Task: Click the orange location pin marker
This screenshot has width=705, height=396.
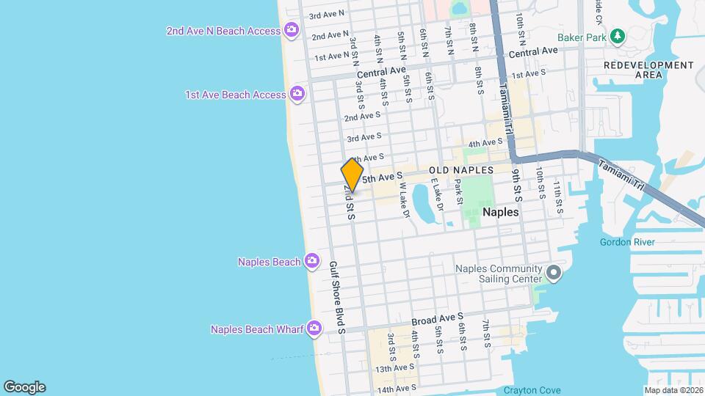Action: point(352,175)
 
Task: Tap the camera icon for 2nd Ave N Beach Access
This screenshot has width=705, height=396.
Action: point(292,30)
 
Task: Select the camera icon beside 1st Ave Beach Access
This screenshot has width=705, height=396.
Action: point(297,94)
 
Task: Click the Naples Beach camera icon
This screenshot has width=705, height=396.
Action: point(312,261)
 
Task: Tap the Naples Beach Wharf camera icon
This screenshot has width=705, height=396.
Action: point(315,328)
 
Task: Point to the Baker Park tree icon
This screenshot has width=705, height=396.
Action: point(618,36)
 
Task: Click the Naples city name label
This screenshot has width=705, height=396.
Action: point(501,212)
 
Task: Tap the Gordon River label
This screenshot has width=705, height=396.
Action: point(626,242)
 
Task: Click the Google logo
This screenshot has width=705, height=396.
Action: point(23,386)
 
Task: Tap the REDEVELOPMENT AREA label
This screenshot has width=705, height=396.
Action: point(648,70)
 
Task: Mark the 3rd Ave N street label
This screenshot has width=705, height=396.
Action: point(327,15)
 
